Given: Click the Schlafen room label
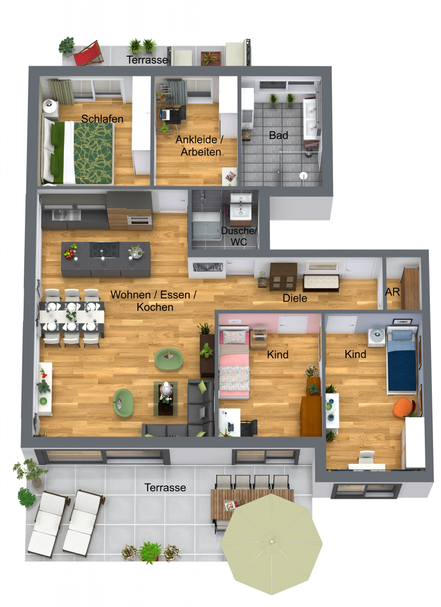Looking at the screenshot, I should [103, 118].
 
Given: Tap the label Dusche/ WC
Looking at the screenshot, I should [239, 236].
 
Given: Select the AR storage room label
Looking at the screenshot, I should [393, 292].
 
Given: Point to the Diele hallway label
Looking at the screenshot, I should [295, 298].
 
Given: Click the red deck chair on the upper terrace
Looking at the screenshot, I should [89, 53].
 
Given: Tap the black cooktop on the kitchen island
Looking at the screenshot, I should [104, 249].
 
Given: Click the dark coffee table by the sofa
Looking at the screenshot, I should [166, 398].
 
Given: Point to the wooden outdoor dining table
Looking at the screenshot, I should [251, 503].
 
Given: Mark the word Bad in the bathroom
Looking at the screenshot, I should [279, 136].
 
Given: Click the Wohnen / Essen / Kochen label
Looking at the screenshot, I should [153, 300].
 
